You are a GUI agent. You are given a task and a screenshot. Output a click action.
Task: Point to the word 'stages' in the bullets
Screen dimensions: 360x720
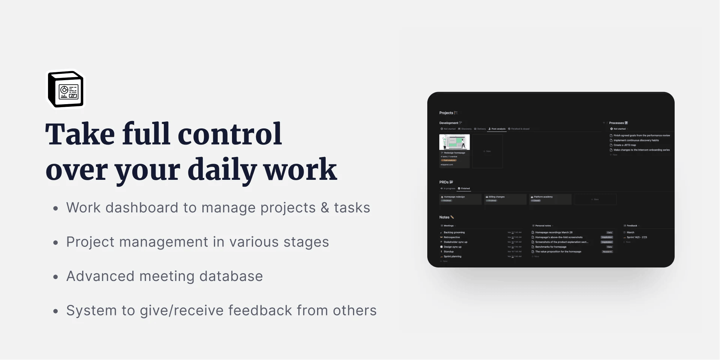point(306,242)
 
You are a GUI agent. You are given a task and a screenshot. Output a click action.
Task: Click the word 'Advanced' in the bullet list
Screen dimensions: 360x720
point(100,276)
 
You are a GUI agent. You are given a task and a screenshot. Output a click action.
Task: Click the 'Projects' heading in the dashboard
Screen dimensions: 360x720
point(446,113)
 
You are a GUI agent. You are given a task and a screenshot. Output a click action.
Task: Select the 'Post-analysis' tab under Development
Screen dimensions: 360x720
point(498,129)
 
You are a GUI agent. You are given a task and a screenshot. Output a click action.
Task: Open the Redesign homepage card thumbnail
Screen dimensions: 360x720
point(454,142)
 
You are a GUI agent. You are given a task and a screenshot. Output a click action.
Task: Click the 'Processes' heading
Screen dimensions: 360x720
point(616,123)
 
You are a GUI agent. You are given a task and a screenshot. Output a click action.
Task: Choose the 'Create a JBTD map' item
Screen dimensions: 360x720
point(624,145)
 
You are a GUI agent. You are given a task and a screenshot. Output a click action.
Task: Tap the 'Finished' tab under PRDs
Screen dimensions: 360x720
point(465,188)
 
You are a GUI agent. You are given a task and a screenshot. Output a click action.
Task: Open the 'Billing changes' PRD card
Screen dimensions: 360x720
point(504,199)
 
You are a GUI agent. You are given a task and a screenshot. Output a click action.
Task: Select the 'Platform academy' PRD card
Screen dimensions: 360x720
point(549,199)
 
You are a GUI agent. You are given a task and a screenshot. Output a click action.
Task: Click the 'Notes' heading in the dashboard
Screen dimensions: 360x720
point(444,217)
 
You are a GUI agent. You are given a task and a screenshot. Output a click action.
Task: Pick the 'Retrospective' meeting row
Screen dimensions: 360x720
point(452,237)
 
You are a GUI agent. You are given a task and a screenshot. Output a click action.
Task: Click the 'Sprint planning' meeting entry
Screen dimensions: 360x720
point(452,257)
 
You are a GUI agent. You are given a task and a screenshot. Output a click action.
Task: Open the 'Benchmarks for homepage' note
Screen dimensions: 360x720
point(551,247)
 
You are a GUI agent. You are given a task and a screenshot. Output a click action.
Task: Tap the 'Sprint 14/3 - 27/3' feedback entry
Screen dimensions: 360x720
point(637,237)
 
